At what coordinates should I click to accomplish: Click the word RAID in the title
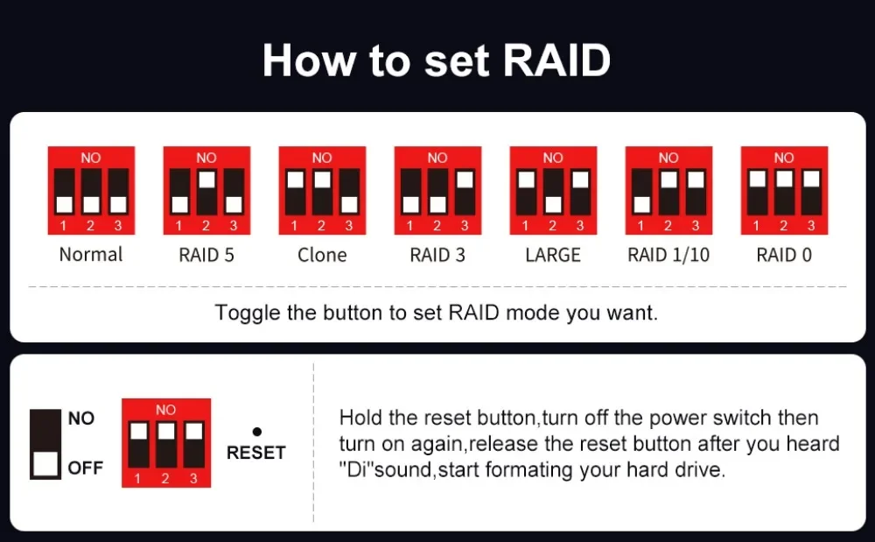pos(556,60)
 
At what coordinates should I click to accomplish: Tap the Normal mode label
pos(91,255)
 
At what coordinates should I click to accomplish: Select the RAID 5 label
pos(206,255)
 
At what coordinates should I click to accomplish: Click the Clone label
pos(322,255)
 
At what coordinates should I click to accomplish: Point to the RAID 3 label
pos(437,255)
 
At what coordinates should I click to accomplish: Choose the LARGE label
pos(553,255)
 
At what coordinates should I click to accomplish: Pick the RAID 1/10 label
pos(668,255)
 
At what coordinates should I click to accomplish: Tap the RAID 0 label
pos(784,255)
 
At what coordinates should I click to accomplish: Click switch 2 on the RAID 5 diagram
pos(207,192)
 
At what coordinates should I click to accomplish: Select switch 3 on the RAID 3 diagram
pos(465,192)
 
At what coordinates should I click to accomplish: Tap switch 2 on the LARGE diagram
pos(553,192)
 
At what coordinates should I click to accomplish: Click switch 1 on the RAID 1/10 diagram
pos(641,192)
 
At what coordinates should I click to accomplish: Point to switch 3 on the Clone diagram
pos(349,192)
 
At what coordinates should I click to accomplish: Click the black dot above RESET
pos(256,432)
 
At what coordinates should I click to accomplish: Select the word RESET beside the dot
pos(256,453)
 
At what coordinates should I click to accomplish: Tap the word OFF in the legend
pos(86,468)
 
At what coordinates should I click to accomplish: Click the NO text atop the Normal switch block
pos(91,158)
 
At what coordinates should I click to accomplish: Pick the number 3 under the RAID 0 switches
pos(811,226)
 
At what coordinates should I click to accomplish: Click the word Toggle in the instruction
pos(248,313)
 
